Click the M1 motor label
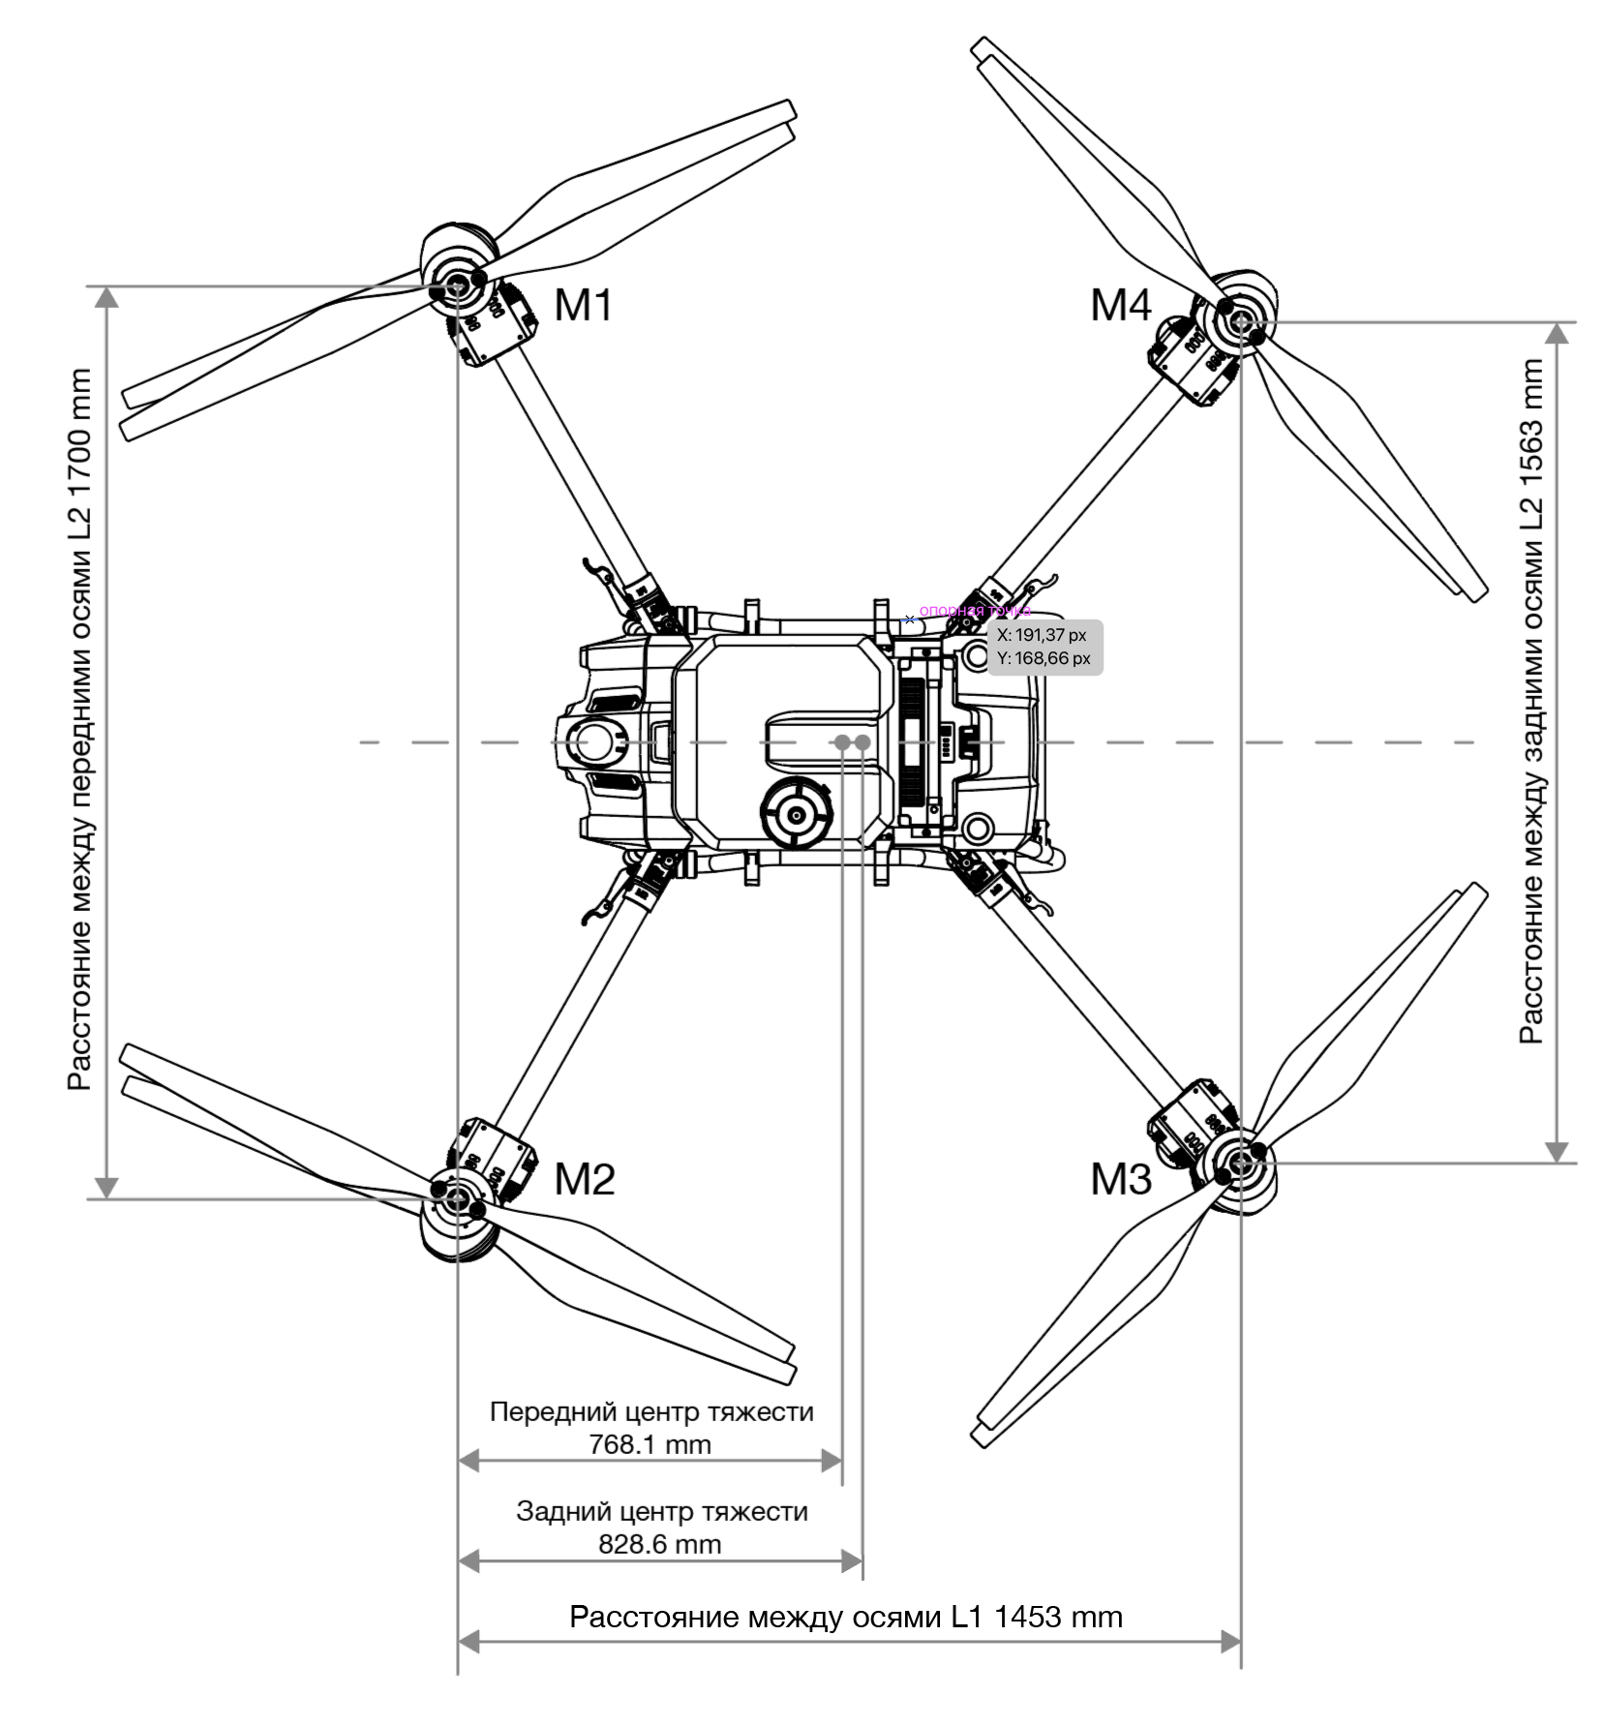pyautogui.click(x=584, y=306)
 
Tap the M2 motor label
pyautogui.click(x=584, y=1179)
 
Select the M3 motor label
pyautogui.click(x=1120, y=1179)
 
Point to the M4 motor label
pyautogui.click(x=1120, y=306)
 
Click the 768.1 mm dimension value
pyautogui.click(x=650, y=1445)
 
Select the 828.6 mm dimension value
pyautogui.click(x=659, y=1544)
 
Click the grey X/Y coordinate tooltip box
pyautogui.click(x=1044, y=647)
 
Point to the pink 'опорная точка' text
pyautogui.click(x=974, y=611)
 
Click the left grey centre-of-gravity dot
pyautogui.click(x=842, y=742)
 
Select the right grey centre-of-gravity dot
pyautogui.click(x=863, y=742)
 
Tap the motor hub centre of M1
pyautogui.click(x=457, y=286)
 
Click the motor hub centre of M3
pyautogui.click(x=1241, y=1164)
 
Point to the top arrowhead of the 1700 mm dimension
pyautogui.click(x=106, y=297)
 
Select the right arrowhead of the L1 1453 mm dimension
pyautogui.click(x=1230, y=1641)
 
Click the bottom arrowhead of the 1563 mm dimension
pyautogui.click(x=1557, y=1152)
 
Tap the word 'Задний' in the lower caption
pyautogui.click(x=554, y=1511)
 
